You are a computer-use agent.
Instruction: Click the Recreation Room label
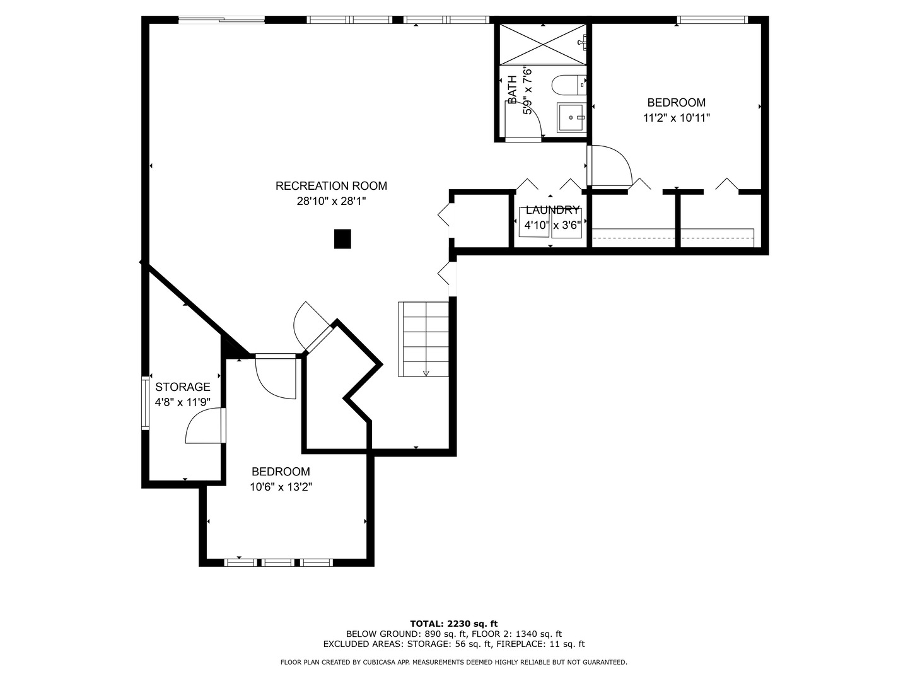(x=331, y=186)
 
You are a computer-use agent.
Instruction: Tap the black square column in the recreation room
(x=342, y=239)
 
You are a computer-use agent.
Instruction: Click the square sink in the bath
(x=571, y=118)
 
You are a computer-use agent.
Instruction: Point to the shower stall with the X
(x=543, y=44)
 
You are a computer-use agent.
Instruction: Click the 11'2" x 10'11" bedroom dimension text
(x=677, y=118)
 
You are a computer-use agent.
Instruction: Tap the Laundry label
(x=552, y=210)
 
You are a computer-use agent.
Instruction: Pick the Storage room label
(x=183, y=387)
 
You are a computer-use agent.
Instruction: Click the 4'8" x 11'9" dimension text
(x=183, y=402)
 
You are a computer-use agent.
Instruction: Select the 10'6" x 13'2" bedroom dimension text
(x=281, y=487)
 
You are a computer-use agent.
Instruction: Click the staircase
(x=424, y=339)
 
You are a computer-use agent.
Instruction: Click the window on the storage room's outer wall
(x=145, y=403)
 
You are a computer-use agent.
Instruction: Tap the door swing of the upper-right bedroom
(x=610, y=165)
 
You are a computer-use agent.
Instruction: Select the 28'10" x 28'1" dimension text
(x=331, y=202)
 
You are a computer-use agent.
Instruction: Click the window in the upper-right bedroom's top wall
(x=712, y=20)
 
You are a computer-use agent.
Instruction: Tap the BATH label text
(x=513, y=90)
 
